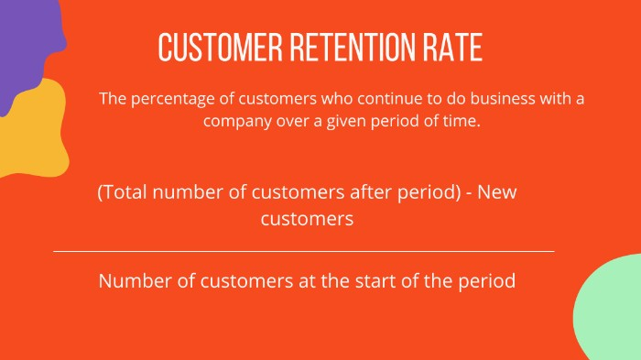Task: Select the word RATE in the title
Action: (x=454, y=47)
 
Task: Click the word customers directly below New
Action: (x=307, y=220)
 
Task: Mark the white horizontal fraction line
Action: (x=303, y=251)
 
